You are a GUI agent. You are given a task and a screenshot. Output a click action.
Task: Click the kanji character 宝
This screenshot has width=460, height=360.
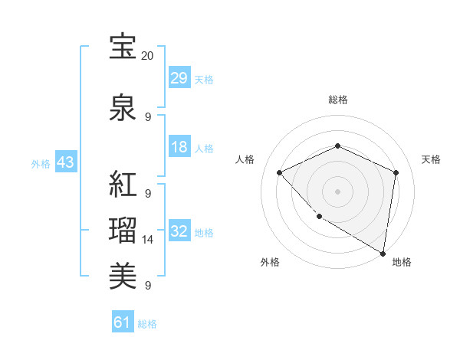(123, 47)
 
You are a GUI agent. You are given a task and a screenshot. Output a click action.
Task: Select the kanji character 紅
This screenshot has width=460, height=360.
(123, 185)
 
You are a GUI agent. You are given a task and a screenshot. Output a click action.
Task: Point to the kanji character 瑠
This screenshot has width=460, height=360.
(123, 231)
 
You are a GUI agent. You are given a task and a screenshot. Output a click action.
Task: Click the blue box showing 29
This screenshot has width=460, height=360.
(179, 78)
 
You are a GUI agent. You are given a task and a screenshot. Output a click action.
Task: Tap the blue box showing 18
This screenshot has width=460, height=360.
(179, 148)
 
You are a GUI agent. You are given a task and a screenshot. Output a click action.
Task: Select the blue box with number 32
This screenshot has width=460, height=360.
(179, 232)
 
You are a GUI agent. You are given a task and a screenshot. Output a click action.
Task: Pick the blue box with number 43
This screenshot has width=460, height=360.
(65, 163)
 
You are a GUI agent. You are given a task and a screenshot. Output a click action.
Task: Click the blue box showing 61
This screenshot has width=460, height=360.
(123, 322)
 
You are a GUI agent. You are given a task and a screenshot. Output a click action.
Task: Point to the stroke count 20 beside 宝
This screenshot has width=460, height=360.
(148, 56)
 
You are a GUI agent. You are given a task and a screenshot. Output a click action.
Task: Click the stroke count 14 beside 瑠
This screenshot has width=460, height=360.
(148, 240)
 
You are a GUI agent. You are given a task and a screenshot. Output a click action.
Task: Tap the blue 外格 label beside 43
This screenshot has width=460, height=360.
(41, 164)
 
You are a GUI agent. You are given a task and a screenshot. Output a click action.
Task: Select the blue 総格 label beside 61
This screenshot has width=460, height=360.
(147, 324)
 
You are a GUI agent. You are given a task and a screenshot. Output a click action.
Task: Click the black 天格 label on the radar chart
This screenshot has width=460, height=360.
(431, 159)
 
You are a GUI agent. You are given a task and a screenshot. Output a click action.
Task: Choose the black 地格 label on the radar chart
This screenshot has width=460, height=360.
(402, 262)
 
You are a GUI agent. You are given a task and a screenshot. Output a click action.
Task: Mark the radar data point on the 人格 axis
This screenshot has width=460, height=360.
(280, 172)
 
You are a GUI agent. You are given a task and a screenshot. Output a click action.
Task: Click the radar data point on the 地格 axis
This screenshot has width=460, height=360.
(383, 253)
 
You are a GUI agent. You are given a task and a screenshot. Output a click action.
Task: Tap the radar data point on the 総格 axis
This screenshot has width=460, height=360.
(337, 146)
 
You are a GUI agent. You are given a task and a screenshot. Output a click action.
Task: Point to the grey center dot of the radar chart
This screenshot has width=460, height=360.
(337, 191)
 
